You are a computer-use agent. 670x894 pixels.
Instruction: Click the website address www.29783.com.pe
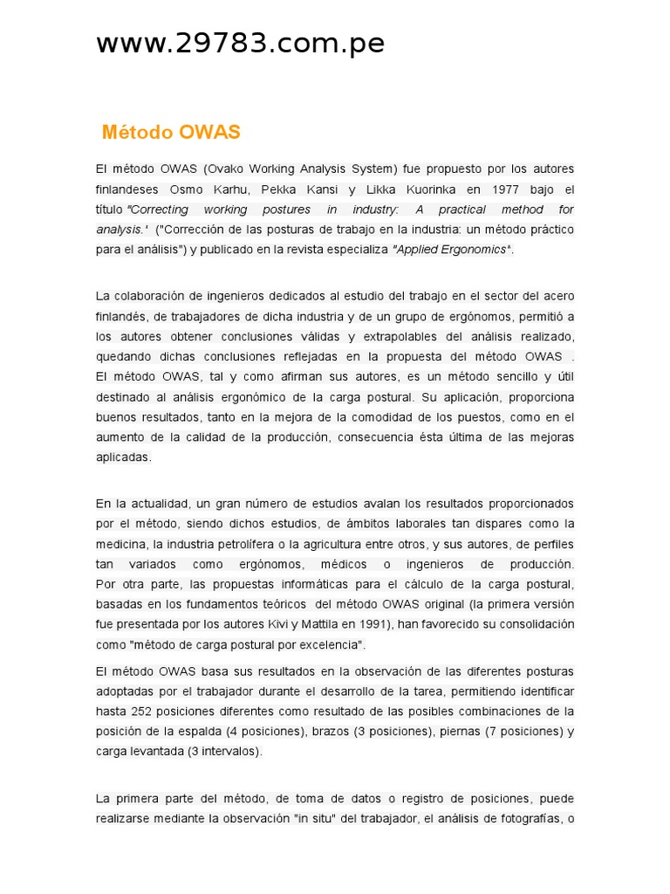pyautogui.click(x=240, y=44)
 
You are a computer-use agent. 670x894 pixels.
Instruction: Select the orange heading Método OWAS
pyautogui.click(x=171, y=133)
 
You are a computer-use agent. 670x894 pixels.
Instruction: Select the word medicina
pyautogui.click(x=119, y=544)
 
